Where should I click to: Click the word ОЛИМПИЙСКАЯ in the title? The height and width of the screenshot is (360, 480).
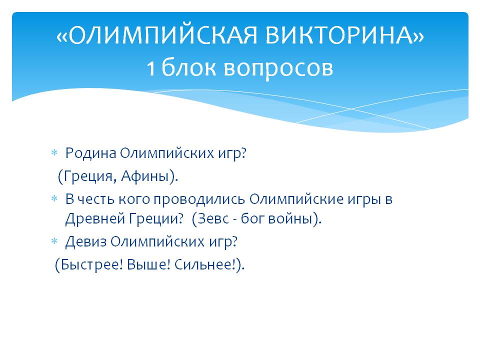point(162,35)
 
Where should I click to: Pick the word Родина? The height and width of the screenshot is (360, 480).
point(90,153)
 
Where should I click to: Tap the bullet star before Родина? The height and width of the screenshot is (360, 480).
point(54,153)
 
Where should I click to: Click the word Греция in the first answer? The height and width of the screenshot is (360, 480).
point(86,176)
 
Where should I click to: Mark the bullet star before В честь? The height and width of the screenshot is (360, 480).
point(54,198)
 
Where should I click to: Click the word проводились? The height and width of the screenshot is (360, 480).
point(199,199)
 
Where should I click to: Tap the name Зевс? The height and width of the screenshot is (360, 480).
point(213,218)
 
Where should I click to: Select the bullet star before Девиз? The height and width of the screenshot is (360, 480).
point(54,241)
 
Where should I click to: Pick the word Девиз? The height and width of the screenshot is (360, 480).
point(86,242)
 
